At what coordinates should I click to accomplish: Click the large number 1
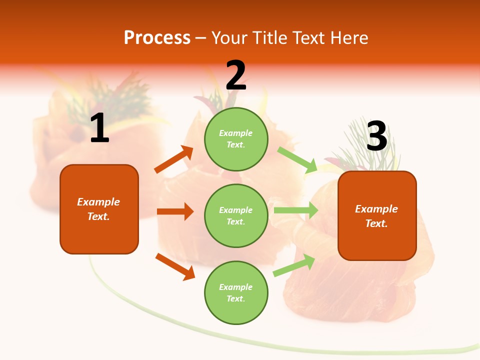point(99,128)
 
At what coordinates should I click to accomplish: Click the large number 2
point(236,75)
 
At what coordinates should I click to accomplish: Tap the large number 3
point(376,136)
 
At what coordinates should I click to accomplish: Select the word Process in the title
point(157,37)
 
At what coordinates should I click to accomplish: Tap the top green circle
point(236,139)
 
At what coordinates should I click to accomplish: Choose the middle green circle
point(236,215)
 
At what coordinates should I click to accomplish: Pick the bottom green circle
point(236,292)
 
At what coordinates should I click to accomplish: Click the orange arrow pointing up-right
point(174,159)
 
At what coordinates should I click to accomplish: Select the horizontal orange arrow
point(175,211)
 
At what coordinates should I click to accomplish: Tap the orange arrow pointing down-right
point(175,266)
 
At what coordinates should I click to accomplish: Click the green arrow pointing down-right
point(297,159)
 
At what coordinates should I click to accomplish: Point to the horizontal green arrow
point(296,210)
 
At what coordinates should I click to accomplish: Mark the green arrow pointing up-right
point(294,265)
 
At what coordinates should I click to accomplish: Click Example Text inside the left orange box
point(98,209)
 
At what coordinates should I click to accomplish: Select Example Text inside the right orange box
point(376,216)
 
